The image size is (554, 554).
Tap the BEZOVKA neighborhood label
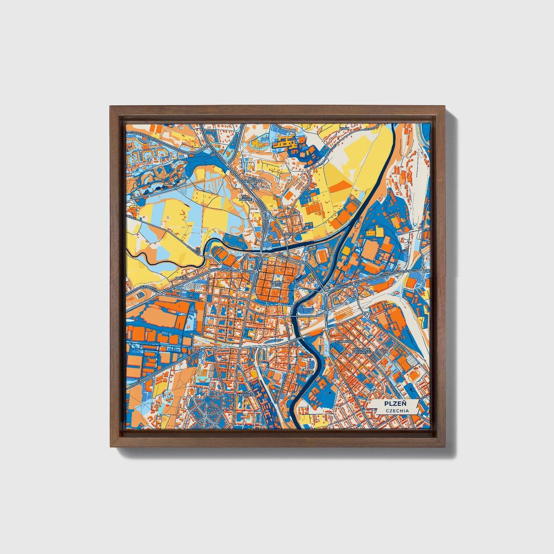click(x=210, y=409)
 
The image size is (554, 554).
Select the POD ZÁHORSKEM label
click(x=254, y=180)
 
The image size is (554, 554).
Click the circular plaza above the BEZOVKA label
click(x=207, y=399)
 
